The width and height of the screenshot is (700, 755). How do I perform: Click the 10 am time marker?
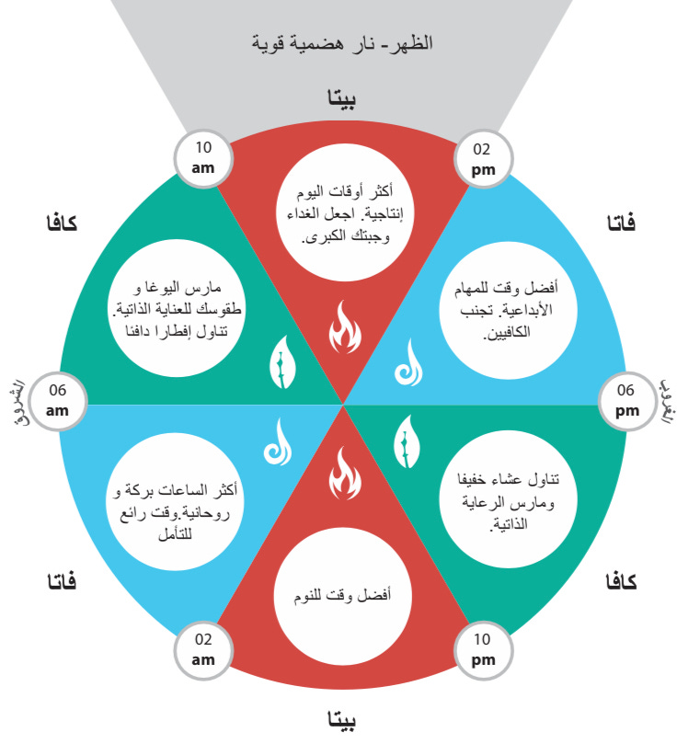(202, 157)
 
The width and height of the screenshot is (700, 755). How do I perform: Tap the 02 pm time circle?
(482, 157)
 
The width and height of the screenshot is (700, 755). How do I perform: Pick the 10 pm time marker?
(483, 649)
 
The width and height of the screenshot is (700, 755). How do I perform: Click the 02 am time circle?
(202, 649)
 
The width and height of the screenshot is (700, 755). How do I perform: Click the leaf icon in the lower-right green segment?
(407, 440)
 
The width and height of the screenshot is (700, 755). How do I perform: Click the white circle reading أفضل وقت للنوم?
(344, 595)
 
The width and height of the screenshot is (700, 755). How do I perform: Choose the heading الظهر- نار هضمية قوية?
(342, 42)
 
